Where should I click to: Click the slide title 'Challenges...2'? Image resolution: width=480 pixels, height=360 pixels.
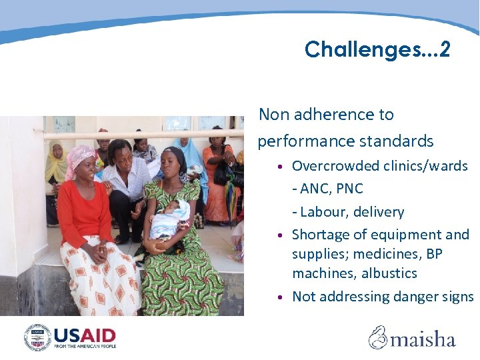377,49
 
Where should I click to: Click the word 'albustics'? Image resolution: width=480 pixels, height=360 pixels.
387,273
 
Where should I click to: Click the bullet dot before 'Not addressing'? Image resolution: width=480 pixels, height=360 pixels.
283,297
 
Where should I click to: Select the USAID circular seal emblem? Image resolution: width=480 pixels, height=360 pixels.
37,337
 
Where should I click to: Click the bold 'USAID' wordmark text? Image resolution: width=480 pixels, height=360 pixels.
85,335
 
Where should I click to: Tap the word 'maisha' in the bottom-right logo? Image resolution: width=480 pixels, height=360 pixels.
423,339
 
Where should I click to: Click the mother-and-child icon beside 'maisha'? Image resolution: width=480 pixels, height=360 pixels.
379,337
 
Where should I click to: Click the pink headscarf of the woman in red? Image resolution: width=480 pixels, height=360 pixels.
80,157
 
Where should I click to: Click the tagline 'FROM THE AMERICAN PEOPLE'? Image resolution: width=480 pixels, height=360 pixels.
85,347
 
